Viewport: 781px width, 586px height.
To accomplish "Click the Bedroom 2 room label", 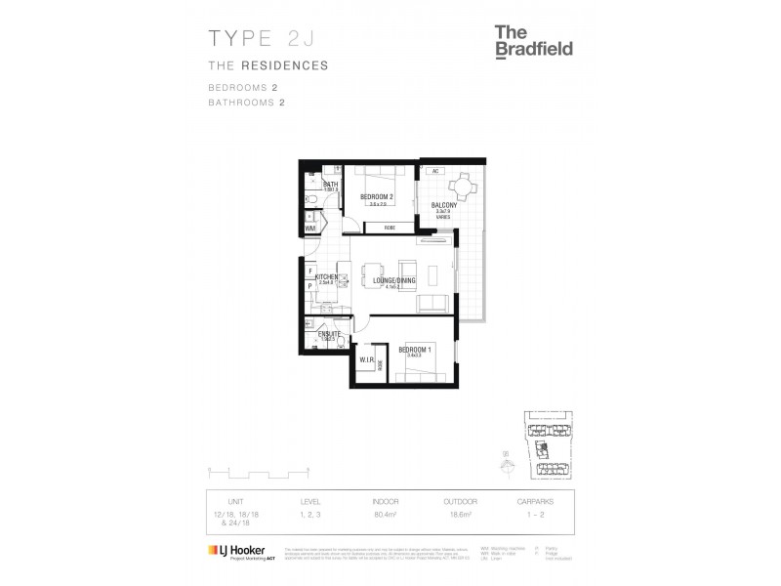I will coord(376,197).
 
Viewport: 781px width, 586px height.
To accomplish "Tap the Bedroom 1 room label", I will coord(414,349).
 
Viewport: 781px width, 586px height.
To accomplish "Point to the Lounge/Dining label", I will coord(395,281).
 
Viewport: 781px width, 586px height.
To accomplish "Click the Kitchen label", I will coord(326,277).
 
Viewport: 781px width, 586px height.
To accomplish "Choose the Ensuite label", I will coord(329,334).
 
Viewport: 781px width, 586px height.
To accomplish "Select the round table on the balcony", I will coord(460,186).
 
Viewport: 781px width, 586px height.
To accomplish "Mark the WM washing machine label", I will coord(309,229).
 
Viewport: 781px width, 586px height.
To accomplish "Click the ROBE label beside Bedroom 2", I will coord(388,228).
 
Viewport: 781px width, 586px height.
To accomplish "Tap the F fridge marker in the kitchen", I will coord(309,271).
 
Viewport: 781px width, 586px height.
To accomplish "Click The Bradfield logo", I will coord(533,42).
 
